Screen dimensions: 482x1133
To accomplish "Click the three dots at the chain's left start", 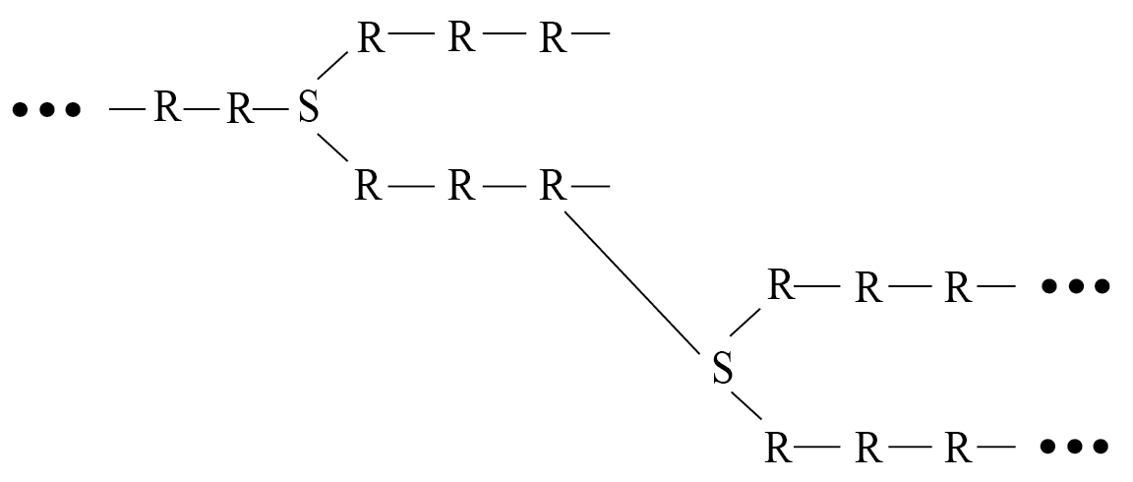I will coord(45,108).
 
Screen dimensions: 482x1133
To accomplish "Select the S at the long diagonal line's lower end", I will coord(722,369).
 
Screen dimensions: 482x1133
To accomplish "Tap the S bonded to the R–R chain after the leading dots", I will coord(308,108).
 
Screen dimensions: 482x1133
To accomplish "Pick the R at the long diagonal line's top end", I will coord(553,185).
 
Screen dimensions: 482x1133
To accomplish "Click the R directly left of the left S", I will coord(239,109).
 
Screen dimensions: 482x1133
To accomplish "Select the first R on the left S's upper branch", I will coord(369,39).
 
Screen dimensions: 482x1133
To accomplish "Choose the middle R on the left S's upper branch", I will coord(460,39).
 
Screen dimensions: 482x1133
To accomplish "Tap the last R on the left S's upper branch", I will coord(553,39).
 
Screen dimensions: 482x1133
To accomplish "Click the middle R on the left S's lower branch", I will coord(460,185).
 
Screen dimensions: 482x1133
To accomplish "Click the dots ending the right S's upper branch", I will coord(1075,286).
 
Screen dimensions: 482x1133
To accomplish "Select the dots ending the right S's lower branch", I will coord(1075,447).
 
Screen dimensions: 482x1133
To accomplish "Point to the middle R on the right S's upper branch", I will coord(867,287).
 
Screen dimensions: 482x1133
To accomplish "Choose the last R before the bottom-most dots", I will coord(958,448).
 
